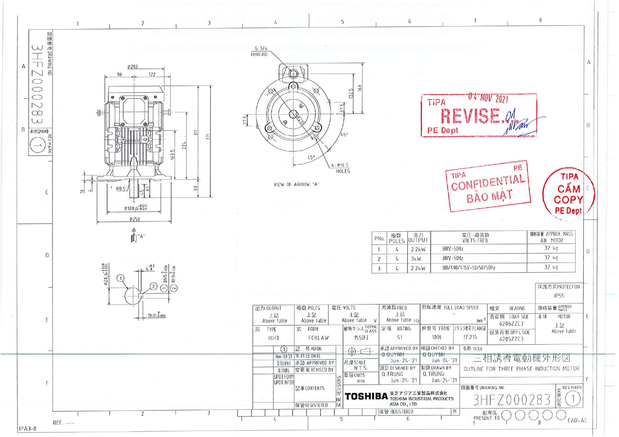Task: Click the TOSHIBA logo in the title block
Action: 366,396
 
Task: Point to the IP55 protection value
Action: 559,296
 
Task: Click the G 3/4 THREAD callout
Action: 260,51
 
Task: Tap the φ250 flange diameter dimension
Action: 134,219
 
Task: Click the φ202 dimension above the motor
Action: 132,67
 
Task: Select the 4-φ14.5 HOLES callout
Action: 341,168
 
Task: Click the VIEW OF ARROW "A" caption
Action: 296,184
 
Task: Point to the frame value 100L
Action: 437,337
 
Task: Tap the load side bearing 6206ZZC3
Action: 511,324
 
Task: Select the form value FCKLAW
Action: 318,338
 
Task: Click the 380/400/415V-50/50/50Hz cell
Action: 469,268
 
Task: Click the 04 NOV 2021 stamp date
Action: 488,98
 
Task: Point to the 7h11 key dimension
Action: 156,315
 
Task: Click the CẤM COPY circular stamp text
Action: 568,194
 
